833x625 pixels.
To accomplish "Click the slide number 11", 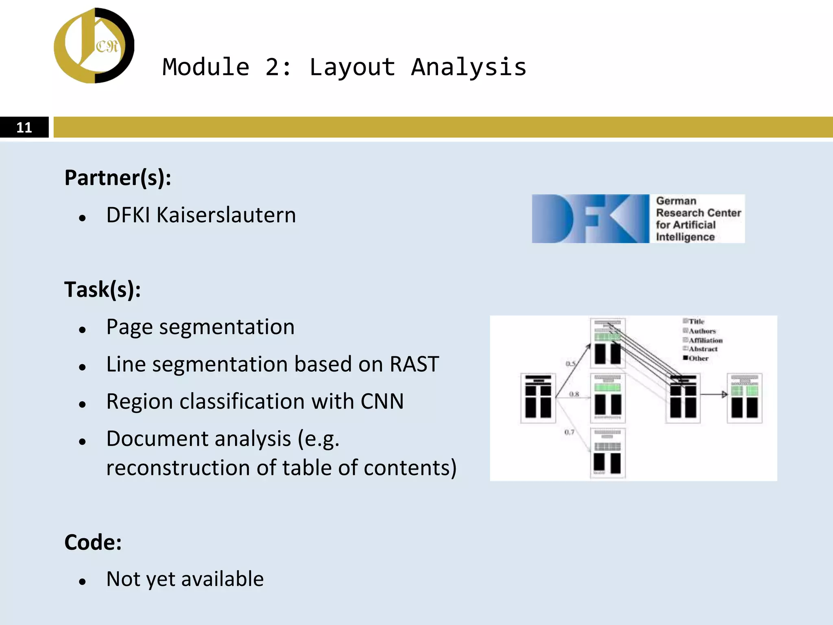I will [24, 127].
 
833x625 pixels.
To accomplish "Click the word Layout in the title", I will [352, 67].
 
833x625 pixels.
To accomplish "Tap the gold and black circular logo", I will [94, 46].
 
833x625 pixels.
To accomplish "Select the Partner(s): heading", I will [118, 178].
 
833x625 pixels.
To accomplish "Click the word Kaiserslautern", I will [226, 215].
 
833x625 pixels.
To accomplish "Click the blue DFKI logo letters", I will [590, 219].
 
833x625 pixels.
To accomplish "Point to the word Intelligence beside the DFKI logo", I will [685, 237].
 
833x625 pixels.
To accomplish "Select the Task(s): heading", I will [102, 290].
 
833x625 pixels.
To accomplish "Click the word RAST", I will [414, 364].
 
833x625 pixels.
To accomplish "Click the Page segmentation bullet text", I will [200, 327].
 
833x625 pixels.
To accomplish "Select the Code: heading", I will [93, 542].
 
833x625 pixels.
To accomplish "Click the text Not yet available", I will [185, 579].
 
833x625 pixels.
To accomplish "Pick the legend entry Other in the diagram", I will [698, 358].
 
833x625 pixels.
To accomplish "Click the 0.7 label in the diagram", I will [569, 432].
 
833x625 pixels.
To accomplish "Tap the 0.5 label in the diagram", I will [570, 363].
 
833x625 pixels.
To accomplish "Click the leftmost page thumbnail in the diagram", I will [538, 398].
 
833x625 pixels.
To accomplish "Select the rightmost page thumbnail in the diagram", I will [744, 398].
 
